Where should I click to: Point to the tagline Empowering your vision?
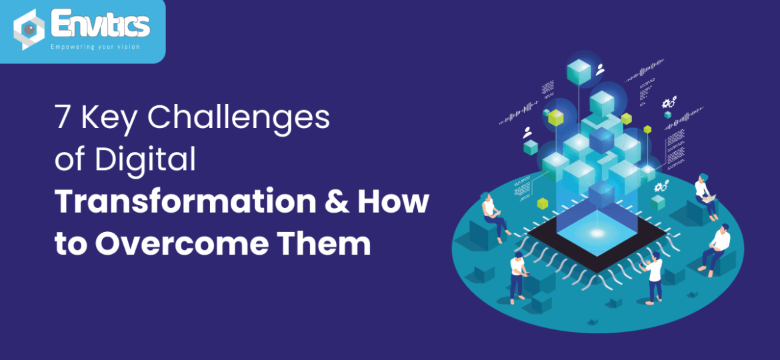95,47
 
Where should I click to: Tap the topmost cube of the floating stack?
579,70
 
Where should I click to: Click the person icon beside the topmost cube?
600,69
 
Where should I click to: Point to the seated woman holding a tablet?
494,215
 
